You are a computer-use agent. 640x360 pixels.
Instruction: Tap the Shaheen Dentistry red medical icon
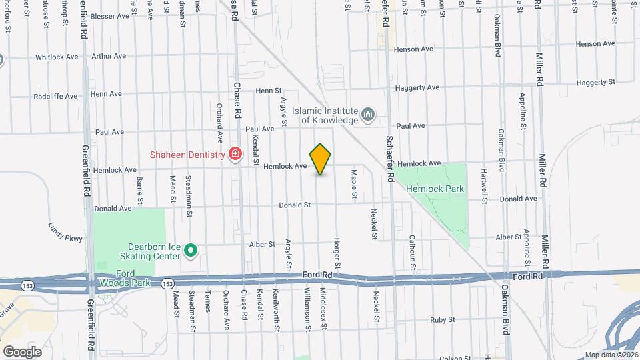(x=235, y=155)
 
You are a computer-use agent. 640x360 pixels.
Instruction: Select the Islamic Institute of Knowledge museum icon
(x=367, y=115)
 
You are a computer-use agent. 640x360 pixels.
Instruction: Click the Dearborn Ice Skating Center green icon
(x=191, y=251)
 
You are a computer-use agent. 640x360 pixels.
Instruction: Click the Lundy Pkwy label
(x=65, y=231)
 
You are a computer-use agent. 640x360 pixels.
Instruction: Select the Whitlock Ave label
(x=58, y=57)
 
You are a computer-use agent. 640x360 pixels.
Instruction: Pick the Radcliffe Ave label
(x=55, y=96)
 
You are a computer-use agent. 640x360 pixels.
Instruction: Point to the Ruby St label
(x=442, y=320)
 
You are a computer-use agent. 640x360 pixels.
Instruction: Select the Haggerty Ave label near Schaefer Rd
(x=417, y=87)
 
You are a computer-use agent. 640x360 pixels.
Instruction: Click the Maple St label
(x=354, y=183)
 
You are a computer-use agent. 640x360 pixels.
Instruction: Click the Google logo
(x=22, y=351)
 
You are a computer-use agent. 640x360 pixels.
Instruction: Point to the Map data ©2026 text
(x=611, y=355)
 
